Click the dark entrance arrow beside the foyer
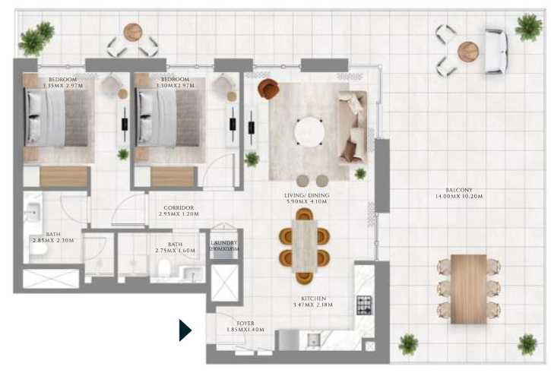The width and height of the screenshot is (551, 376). pos(184,330)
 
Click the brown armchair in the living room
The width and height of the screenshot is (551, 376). pos(268,89)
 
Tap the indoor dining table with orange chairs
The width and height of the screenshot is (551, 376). pos(306,245)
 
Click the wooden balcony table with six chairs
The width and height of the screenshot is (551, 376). pos(468,288)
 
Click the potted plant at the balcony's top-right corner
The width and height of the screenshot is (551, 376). pos(528,27)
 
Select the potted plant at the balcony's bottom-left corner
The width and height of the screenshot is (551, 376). pos(408,344)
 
